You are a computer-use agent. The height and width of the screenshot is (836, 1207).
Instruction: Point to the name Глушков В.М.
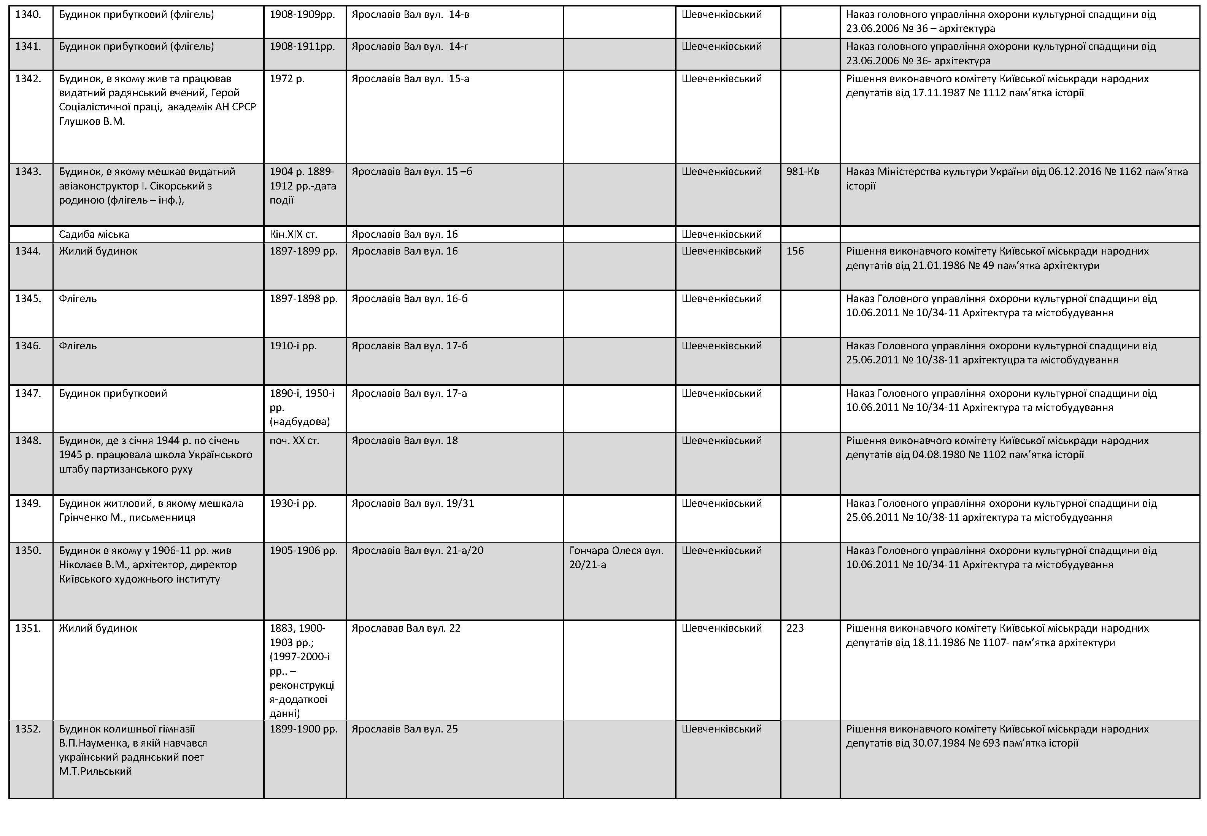click(92, 121)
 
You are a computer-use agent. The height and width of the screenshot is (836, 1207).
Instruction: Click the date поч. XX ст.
click(294, 441)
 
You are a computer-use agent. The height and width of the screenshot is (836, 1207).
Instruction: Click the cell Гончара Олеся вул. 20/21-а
click(616, 558)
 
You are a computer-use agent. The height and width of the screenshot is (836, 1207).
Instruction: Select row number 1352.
click(28, 729)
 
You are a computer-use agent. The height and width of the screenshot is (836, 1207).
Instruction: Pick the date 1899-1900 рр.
click(303, 729)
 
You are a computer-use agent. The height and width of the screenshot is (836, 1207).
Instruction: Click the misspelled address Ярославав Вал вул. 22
click(406, 629)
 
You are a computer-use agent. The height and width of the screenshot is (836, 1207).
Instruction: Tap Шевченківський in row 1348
click(721, 441)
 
